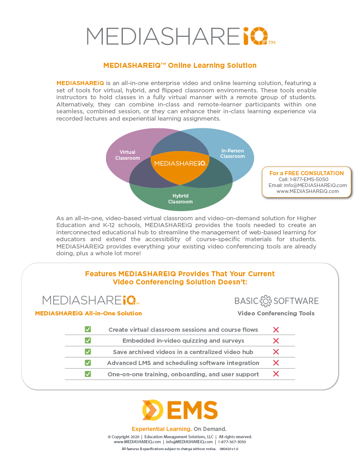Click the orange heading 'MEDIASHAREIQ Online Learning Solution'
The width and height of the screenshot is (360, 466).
[x=180, y=66]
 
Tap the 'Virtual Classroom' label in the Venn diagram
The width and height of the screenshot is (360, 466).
[x=127, y=155]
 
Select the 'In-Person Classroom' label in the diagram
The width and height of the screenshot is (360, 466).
[x=233, y=153]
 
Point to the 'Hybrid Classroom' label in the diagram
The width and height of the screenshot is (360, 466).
[x=180, y=199]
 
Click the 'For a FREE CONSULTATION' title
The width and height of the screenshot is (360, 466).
[x=306, y=173]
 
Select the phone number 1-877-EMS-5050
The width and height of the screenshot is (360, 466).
[x=303, y=179]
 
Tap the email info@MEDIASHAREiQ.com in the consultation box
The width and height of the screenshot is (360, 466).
[x=314, y=185]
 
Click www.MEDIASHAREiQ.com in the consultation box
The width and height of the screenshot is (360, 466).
[x=308, y=191]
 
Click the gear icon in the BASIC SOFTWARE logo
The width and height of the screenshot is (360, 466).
[x=265, y=301]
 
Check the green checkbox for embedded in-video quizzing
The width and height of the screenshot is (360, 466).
[x=88, y=340]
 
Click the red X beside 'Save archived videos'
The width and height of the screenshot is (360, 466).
[x=275, y=352]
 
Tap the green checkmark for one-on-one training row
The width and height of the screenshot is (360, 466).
[x=88, y=374]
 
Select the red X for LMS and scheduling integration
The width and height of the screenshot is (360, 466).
[x=275, y=363]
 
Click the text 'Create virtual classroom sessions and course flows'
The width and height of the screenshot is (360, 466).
[x=183, y=329]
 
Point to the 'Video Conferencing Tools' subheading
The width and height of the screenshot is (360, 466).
[x=276, y=314]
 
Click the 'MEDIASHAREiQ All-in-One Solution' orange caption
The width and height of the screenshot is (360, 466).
[x=88, y=314]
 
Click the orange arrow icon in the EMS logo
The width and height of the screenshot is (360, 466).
[x=152, y=410]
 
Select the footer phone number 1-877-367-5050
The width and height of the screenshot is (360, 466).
[x=232, y=442]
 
